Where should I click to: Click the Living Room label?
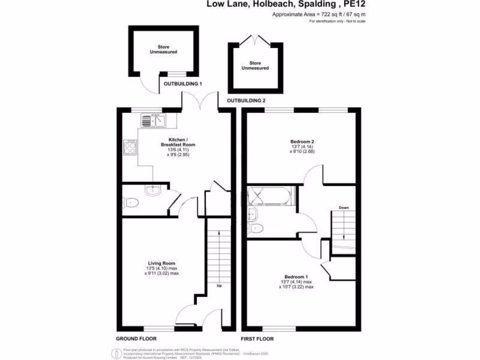click(x=162, y=263)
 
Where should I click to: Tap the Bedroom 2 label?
click(x=302, y=142)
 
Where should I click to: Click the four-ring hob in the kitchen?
click(x=129, y=148)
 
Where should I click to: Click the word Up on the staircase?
click(x=218, y=285)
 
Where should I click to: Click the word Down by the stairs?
click(x=344, y=207)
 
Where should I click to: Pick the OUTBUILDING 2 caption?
click(x=246, y=101)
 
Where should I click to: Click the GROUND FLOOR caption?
click(x=136, y=338)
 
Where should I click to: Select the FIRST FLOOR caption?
click(x=257, y=338)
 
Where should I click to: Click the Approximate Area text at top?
click(x=319, y=15)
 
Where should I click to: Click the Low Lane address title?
click(x=286, y=5)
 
